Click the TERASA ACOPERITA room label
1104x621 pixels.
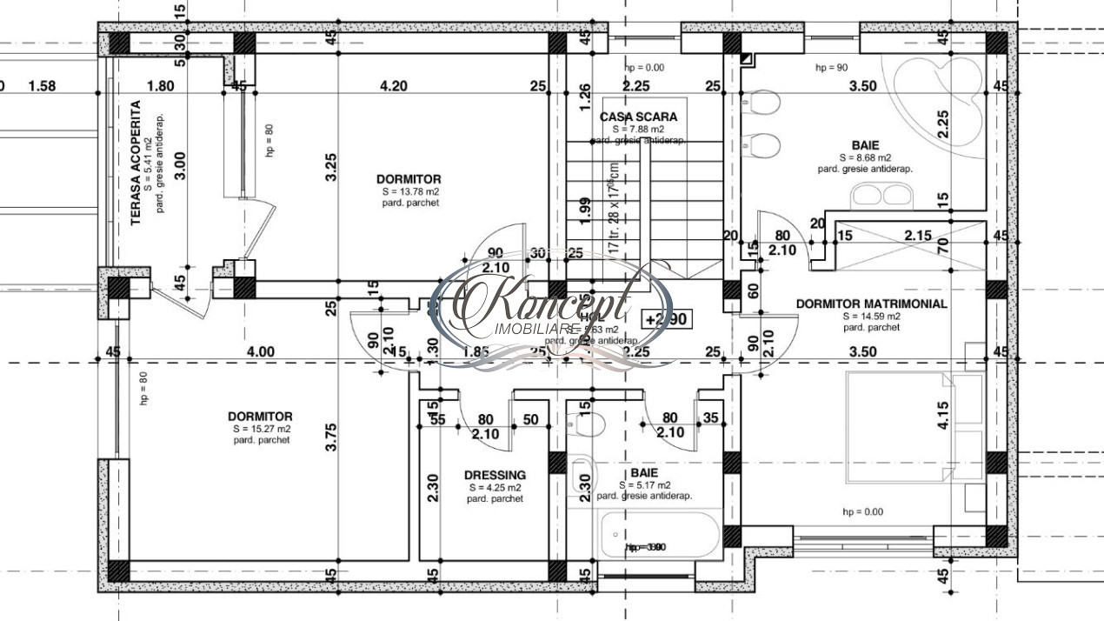pyautogui.click(x=136, y=163)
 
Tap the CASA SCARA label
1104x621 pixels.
pyautogui.click(x=638, y=117)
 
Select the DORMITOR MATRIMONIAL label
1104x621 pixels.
pyautogui.click(x=871, y=304)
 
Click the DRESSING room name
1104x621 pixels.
pyautogui.click(x=495, y=475)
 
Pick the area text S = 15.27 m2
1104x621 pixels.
pyautogui.click(x=261, y=429)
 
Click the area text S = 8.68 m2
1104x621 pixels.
pyautogui.click(x=864, y=157)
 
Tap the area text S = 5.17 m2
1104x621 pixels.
pyautogui.click(x=644, y=484)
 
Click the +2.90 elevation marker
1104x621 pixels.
pyautogui.click(x=667, y=319)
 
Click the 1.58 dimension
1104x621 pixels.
pyautogui.click(x=42, y=86)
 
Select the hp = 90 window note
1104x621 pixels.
pyautogui.click(x=830, y=67)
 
